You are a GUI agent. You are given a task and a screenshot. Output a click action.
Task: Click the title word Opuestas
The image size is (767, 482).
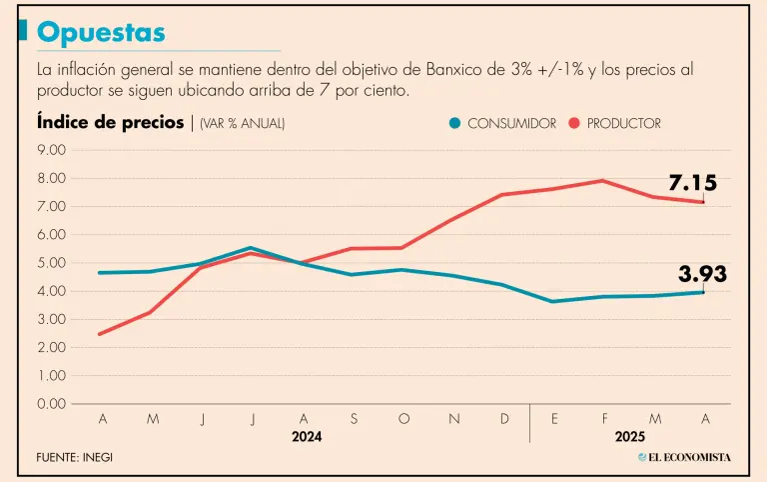101,33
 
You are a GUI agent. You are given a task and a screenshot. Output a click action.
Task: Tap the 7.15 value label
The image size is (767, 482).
692,183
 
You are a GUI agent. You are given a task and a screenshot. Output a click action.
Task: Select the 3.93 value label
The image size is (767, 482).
702,274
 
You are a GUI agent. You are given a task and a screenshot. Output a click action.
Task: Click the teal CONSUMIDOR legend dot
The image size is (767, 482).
455,123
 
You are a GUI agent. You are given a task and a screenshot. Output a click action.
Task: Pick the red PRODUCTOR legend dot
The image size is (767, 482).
574,123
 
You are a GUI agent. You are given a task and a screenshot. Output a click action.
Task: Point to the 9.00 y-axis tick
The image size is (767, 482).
51,150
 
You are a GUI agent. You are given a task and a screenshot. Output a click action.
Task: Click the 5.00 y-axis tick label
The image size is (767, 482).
51,263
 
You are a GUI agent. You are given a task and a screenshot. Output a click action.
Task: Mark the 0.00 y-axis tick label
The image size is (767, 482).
51,404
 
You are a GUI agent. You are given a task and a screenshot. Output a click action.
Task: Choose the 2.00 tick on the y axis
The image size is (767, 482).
51,348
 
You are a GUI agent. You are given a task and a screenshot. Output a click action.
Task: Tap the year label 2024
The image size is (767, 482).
307,437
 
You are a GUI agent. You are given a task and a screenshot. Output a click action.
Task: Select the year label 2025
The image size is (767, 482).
630,437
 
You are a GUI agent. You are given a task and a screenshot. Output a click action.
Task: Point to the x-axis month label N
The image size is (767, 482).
454,419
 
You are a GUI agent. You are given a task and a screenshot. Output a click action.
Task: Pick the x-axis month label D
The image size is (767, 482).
504,419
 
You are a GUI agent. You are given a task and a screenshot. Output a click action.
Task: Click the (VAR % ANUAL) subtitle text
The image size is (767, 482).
242,123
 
